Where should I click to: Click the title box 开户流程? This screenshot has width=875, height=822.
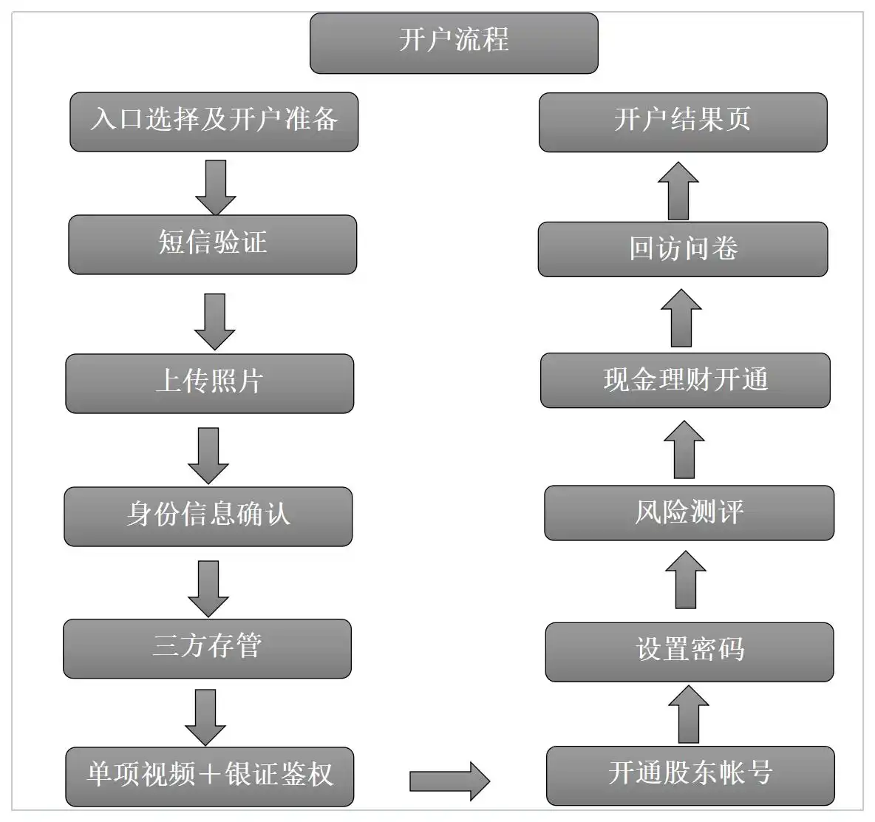coord(453,43)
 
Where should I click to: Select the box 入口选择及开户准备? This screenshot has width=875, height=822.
coord(214,121)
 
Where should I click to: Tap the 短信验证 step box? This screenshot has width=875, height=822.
coord(212,244)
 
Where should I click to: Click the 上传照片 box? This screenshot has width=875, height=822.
coord(209,383)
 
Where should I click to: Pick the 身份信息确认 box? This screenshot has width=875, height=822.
coord(208,516)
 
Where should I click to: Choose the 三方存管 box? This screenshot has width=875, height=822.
coord(207,648)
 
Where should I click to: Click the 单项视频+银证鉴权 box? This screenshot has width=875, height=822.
coord(209,776)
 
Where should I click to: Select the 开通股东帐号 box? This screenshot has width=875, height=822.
coord(690,775)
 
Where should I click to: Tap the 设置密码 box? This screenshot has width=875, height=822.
coord(689,651)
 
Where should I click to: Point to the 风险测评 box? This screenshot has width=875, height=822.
coord(689,512)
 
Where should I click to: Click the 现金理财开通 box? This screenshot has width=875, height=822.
coord(685,380)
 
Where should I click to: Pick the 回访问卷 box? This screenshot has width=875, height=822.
coord(682,249)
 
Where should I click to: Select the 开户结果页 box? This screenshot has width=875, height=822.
coord(682,122)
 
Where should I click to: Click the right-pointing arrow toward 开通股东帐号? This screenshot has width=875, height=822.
coord(449,781)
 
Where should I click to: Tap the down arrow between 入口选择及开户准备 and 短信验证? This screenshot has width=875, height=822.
coord(215,186)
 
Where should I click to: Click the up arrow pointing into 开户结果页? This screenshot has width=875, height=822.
coord(678,191)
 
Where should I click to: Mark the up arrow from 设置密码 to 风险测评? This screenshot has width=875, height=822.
coord(686,580)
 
